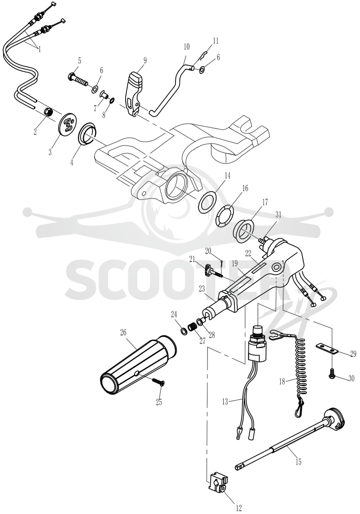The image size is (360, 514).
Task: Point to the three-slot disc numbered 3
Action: coord(68,126)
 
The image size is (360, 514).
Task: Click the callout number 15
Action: coord(298,462)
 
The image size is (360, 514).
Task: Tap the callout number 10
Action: coord(186,46)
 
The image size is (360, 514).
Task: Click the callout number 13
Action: coord(225,401)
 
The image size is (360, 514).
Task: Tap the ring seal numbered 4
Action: coord(88,132)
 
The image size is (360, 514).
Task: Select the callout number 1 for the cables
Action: coord(39,50)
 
